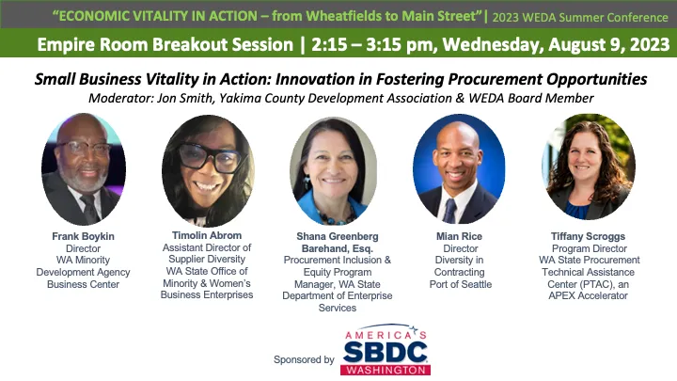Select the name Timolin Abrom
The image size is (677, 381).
pos(207,235)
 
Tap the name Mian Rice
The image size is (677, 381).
pos(459,235)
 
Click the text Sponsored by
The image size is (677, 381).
pos(304,359)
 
